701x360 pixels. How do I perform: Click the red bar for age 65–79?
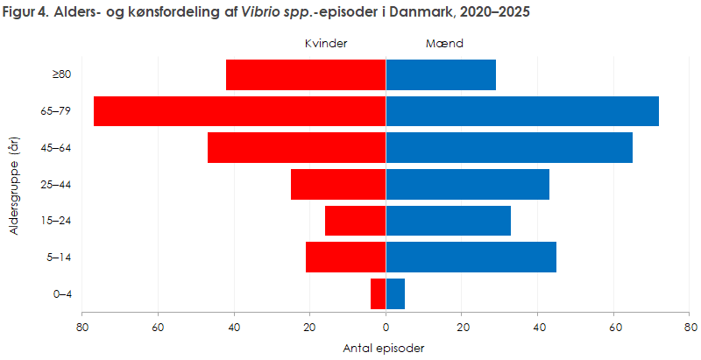(x=239, y=111)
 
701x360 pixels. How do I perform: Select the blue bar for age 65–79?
(x=522, y=111)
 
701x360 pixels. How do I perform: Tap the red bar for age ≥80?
(x=306, y=74)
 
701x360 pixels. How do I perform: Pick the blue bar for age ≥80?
(x=441, y=74)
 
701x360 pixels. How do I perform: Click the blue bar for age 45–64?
(x=509, y=148)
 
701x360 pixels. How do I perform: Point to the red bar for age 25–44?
(x=338, y=184)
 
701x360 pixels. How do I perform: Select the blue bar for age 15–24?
(x=449, y=221)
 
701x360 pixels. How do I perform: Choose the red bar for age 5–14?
(x=346, y=258)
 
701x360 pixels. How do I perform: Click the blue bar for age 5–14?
(x=471, y=258)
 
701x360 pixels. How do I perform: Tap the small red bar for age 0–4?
(x=379, y=294)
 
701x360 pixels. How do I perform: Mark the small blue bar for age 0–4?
(x=395, y=294)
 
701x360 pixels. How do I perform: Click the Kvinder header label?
(x=327, y=43)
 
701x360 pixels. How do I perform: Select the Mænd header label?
(x=445, y=43)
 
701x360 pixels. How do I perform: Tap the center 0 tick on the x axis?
(x=386, y=328)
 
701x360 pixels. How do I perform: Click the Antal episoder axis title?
(x=386, y=348)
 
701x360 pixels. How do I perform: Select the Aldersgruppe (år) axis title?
(x=15, y=184)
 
